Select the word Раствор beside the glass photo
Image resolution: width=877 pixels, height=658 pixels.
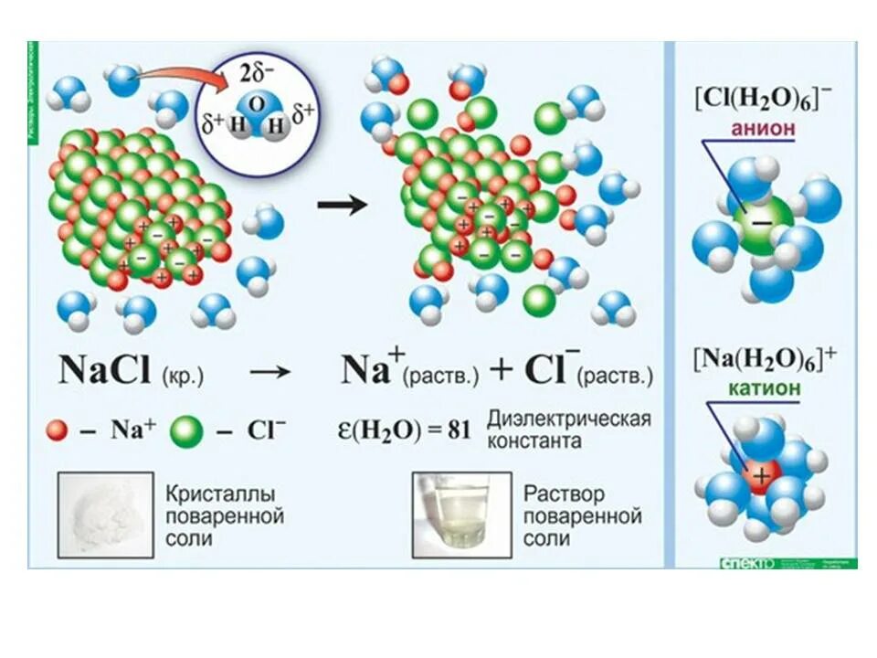564,493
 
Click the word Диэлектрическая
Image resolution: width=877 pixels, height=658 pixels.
568,419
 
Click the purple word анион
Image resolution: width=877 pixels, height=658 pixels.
763,131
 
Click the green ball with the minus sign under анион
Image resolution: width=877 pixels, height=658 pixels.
760,221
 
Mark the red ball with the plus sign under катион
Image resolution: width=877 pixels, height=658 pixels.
760,475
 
